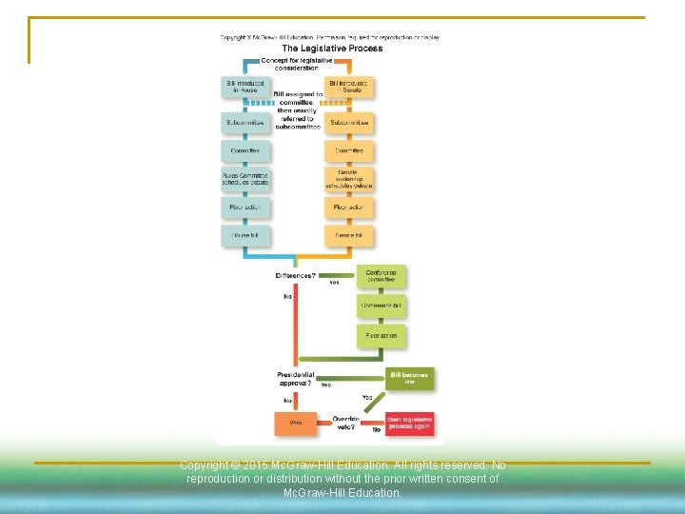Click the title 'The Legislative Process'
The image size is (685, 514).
point(332,49)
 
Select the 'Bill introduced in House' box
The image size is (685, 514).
point(245,88)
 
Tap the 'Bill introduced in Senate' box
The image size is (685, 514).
point(349,88)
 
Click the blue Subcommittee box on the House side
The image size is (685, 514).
point(245,123)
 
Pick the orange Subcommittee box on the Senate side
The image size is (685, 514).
point(349,123)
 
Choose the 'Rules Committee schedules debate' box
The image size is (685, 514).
point(245,178)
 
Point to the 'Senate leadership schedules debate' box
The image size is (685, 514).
point(349,178)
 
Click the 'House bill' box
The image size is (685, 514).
point(245,234)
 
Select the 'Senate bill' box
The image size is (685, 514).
point(349,234)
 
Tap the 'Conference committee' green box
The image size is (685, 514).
point(382,276)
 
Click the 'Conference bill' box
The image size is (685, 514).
point(382,306)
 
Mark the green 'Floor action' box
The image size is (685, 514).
point(382,336)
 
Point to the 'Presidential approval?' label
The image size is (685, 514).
point(295,379)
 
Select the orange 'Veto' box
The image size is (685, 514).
point(295,424)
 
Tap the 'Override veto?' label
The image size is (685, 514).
point(345,424)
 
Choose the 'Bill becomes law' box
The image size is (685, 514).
point(410,378)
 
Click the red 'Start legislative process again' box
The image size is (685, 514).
point(410,424)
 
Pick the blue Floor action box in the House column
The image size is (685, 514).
point(245,207)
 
